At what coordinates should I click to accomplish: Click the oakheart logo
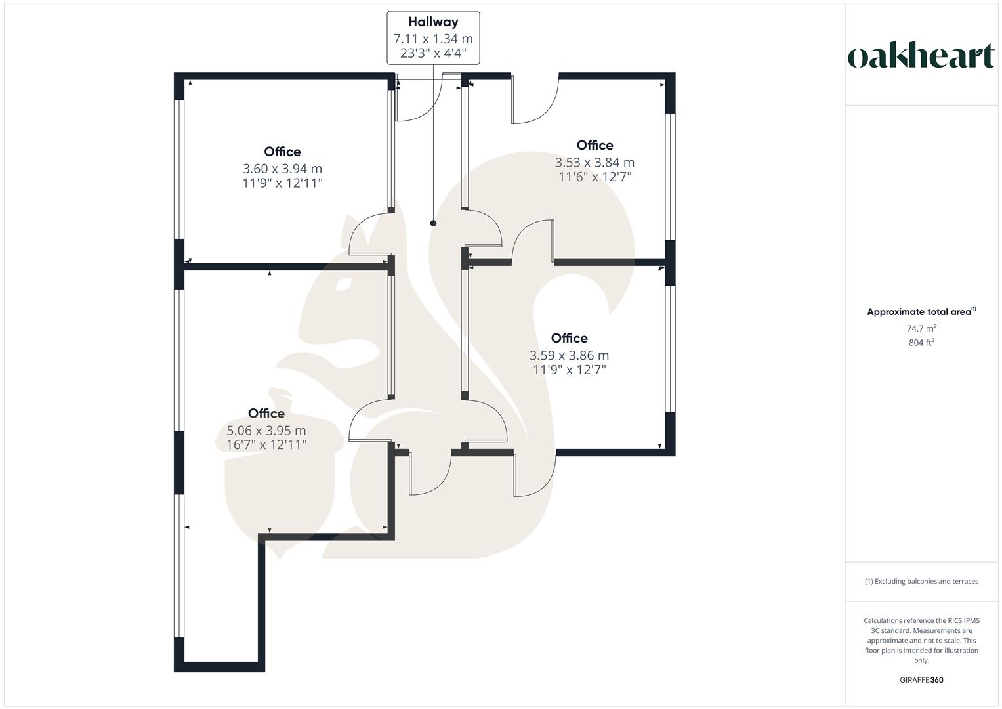click(x=921, y=56)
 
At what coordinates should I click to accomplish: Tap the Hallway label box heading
click(x=433, y=22)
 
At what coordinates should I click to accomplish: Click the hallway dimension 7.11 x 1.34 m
click(x=433, y=39)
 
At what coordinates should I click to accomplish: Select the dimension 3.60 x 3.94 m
click(x=283, y=169)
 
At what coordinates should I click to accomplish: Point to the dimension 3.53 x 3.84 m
click(x=595, y=162)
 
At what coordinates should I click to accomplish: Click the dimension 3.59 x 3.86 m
click(x=570, y=355)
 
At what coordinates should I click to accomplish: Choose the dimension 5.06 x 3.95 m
click(x=266, y=431)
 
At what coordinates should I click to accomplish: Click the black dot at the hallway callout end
click(x=433, y=223)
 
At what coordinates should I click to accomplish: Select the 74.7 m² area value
click(x=921, y=328)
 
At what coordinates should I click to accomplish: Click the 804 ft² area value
click(x=921, y=342)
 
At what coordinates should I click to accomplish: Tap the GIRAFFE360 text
click(x=921, y=680)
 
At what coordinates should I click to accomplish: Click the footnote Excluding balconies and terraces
click(x=921, y=581)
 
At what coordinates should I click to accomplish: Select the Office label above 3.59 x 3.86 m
click(x=570, y=338)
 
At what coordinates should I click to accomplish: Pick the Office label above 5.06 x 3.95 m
click(x=266, y=413)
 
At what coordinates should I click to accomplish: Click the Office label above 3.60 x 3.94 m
click(x=283, y=152)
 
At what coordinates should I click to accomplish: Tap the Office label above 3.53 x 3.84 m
click(x=595, y=145)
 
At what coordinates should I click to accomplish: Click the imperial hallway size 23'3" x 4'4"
click(x=433, y=53)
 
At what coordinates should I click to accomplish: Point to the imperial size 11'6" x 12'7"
click(x=595, y=176)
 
